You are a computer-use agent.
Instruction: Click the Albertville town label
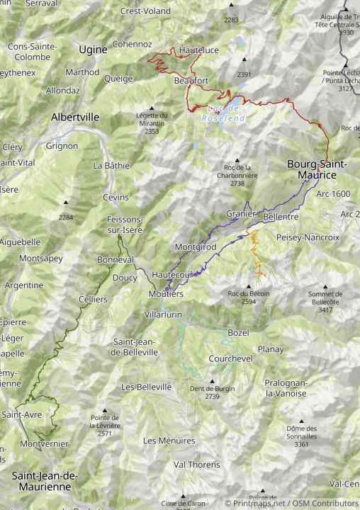(74, 117)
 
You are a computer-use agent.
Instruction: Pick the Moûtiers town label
(167, 293)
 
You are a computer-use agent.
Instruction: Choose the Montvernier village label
(44, 443)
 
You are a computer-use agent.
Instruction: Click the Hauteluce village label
(196, 51)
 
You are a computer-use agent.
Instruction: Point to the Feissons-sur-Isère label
(125, 225)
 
